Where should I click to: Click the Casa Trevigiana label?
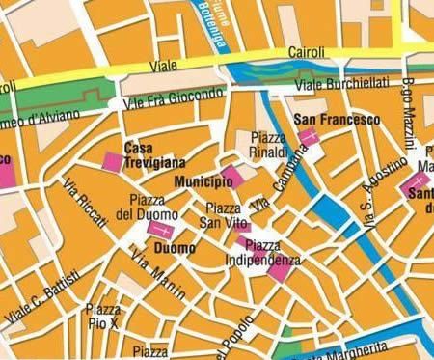point(154,155)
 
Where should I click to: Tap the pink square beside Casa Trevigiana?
point(113,161)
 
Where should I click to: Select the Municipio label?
point(198,181)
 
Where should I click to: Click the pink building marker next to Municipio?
point(229,175)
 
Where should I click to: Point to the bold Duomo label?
point(175,248)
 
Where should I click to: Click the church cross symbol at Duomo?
point(160,232)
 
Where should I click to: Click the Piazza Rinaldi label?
point(268,145)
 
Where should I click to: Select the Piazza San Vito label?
point(224,215)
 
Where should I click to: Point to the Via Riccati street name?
point(87,202)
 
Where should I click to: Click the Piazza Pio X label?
point(103,316)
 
